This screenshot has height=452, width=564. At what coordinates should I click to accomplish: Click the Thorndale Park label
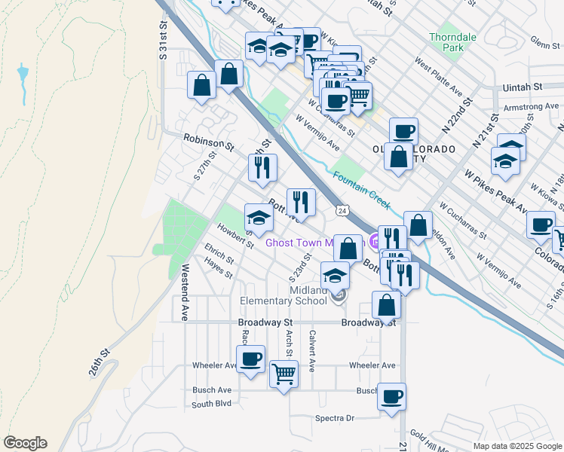coord(446,41)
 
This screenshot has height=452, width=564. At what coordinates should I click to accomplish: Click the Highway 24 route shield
coord(342,210)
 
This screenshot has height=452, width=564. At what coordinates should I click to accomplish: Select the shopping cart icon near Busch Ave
coord(284,373)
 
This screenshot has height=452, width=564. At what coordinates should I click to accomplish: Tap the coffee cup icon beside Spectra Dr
coord(391,396)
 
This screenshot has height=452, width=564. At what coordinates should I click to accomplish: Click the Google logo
coord(25,443)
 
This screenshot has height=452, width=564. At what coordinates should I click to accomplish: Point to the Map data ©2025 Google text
coord(516,446)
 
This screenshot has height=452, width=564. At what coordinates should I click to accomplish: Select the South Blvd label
coord(211,405)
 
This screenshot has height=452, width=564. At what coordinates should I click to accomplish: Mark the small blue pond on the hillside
coord(23,75)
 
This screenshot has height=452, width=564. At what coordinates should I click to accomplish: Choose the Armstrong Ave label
coord(528,108)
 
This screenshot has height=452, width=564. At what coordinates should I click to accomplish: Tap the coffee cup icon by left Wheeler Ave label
coord(250,359)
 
